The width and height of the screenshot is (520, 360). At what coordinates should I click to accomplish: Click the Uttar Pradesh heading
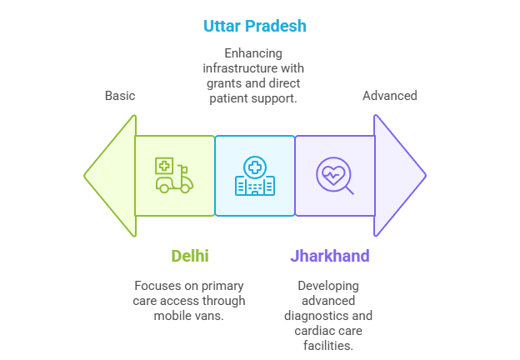(255, 26)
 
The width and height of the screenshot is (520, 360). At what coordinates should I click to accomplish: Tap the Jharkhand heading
(330, 256)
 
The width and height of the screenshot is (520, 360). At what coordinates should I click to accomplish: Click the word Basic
(120, 96)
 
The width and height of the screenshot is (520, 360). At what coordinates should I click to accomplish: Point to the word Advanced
(389, 96)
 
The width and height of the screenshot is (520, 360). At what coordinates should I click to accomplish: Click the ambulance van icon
(174, 176)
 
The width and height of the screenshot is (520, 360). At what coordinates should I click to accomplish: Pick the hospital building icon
(255, 176)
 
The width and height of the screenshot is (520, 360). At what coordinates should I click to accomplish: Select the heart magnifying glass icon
(334, 176)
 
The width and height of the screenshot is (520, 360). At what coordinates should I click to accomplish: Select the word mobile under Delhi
(174, 316)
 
